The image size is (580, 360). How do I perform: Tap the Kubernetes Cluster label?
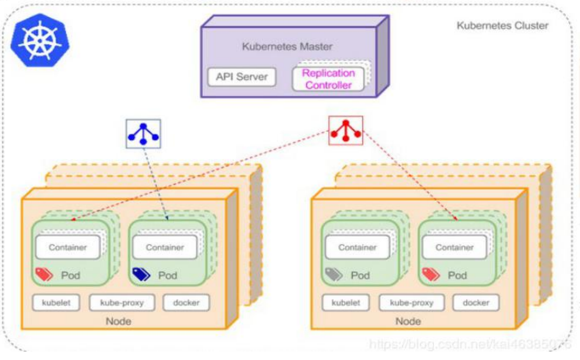(x=502, y=25)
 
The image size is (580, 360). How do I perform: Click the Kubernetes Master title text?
(x=287, y=46)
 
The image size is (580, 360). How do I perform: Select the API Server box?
(x=242, y=77)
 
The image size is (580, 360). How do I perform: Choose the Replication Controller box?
(x=328, y=79)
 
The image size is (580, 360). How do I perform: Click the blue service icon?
(x=143, y=133)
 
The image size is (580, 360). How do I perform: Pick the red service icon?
(x=345, y=130)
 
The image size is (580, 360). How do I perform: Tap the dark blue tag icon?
(x=141, y=274)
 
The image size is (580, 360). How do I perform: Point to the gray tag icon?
(x=334, y=274)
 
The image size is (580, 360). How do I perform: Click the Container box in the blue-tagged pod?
(x=165, y=247)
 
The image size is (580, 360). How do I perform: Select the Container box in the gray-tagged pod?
(x=358, y=247)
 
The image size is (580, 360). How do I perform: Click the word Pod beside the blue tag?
(x=167, y=275)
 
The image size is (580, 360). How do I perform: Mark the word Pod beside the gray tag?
(x=360, y=275)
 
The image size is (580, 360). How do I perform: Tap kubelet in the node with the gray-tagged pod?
(x=346, y=303)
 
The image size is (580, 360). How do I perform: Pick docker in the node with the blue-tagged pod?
(x=186, y=303)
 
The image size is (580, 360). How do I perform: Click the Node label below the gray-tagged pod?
(x=408, y=321)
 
